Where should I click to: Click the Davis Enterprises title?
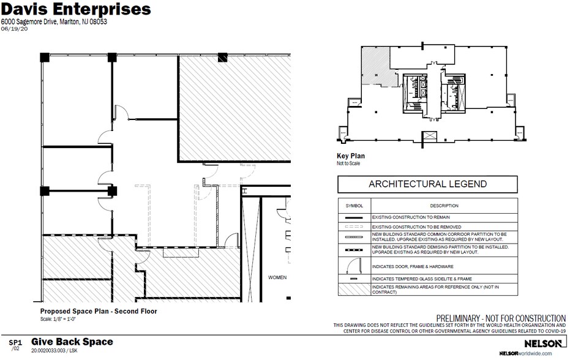pyautogui.click(x=76, y=10)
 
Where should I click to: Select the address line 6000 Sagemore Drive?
pyautogui.click(x=54, y=22)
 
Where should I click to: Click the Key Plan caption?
pyautogui.click(x=351, y=156)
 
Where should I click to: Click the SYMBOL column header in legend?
pyautogui.click(x=354, y=206)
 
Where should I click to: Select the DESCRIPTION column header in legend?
pyautogui.click(x=444, y=206)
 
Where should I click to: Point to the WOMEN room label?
pyautogui.click(x=277, y=277)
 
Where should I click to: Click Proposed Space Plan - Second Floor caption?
pyautogui.click(x=98, y=312)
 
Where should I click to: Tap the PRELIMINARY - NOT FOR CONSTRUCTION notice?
pyautogui.click(x=500, y=318)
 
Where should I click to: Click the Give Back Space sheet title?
pyautogui.click(x=72, y=342)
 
